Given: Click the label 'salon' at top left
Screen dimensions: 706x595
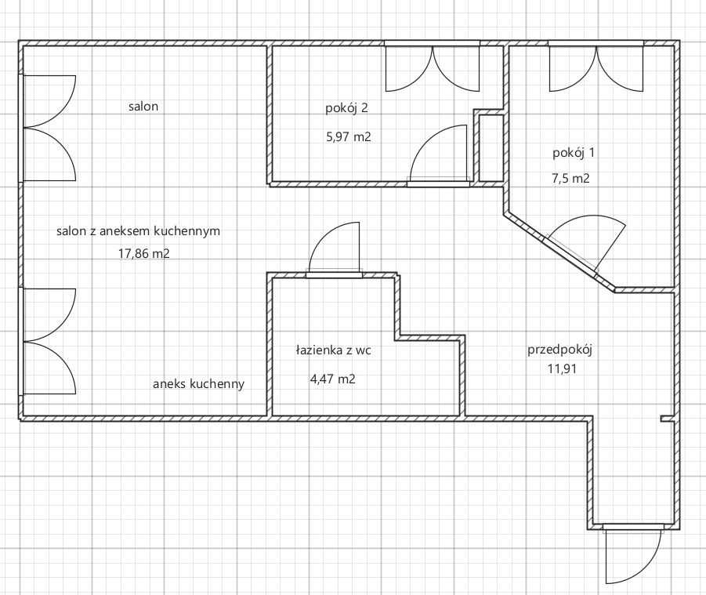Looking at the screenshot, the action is click(x=143, y=107).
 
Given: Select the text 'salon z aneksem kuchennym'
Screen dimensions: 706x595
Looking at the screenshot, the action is click(x=138, y=231).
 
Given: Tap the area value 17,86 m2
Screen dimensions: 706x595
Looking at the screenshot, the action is click(x=144, y=253).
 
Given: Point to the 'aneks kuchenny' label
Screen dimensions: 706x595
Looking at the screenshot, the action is click(x=198, y=384).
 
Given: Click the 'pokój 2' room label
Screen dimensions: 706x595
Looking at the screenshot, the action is click(x=346, y=108).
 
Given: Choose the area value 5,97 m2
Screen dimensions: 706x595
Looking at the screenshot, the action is click(x=348, y=137).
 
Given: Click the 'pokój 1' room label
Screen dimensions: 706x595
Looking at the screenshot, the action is click(x=574, y=153).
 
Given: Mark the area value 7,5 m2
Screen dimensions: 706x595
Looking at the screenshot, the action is click(x=570, y=179).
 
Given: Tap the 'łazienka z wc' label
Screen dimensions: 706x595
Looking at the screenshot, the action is click(x=334, y=350).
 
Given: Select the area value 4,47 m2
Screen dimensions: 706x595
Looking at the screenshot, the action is click(x=333, y=379).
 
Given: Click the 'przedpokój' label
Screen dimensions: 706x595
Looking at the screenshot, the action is click(x=559, y=350).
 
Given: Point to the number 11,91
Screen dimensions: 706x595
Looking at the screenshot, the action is click(x=562, y=369).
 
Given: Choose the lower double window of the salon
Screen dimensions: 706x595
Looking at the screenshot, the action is click(x=49, y=341).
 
